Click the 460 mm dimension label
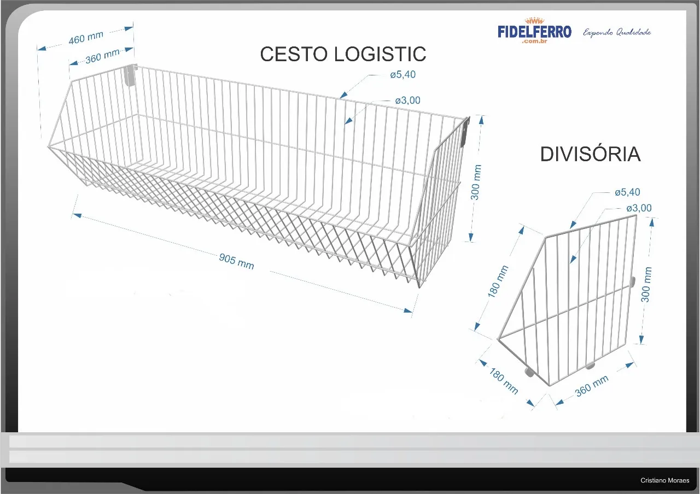[86, 39]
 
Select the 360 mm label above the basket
[102, 56]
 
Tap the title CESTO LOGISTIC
[343, 54]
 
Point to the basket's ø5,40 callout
[403, 75]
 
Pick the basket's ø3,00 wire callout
[408, 101]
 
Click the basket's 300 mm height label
[476, 182]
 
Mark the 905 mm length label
[236, 261]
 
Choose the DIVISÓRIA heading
[590, 155]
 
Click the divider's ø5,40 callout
[627, 192]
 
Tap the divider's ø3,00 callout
[639, 208]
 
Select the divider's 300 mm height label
[646, 284]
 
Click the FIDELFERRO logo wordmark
[534, 31]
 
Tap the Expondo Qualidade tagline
[617, 32]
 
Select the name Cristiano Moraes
[665, 481]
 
